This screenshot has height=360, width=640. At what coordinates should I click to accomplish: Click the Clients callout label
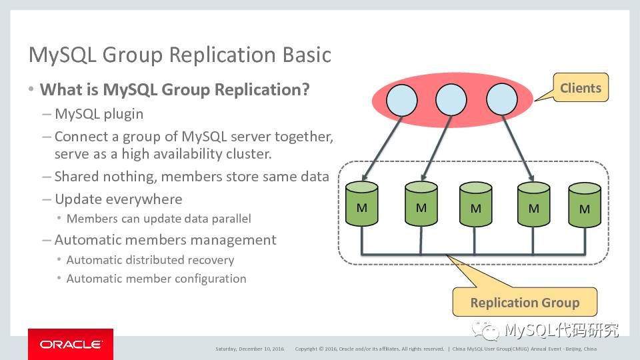tap(580, 88)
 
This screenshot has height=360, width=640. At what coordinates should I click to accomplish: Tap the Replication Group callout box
tap(525, 302)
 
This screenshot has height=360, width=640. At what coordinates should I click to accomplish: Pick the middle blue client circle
tap(451, 101)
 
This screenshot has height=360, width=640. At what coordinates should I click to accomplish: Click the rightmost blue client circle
tap(502, 101)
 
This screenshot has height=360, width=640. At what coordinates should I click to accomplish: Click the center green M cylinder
tap(475, 206)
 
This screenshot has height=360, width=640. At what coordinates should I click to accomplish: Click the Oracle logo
tap(70, 344)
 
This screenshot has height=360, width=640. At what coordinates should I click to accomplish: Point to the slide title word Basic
tap(306, 55)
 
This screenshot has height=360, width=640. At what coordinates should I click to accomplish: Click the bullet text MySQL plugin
tap(99, 114)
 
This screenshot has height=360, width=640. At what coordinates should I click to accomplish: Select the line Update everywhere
tap(118, 199)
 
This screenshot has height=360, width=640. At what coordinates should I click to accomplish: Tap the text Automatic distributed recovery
tap(150, 260)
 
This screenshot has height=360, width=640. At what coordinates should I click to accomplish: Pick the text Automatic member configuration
tap(156, 279)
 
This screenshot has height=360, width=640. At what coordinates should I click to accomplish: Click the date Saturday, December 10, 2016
tap(249, 349)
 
